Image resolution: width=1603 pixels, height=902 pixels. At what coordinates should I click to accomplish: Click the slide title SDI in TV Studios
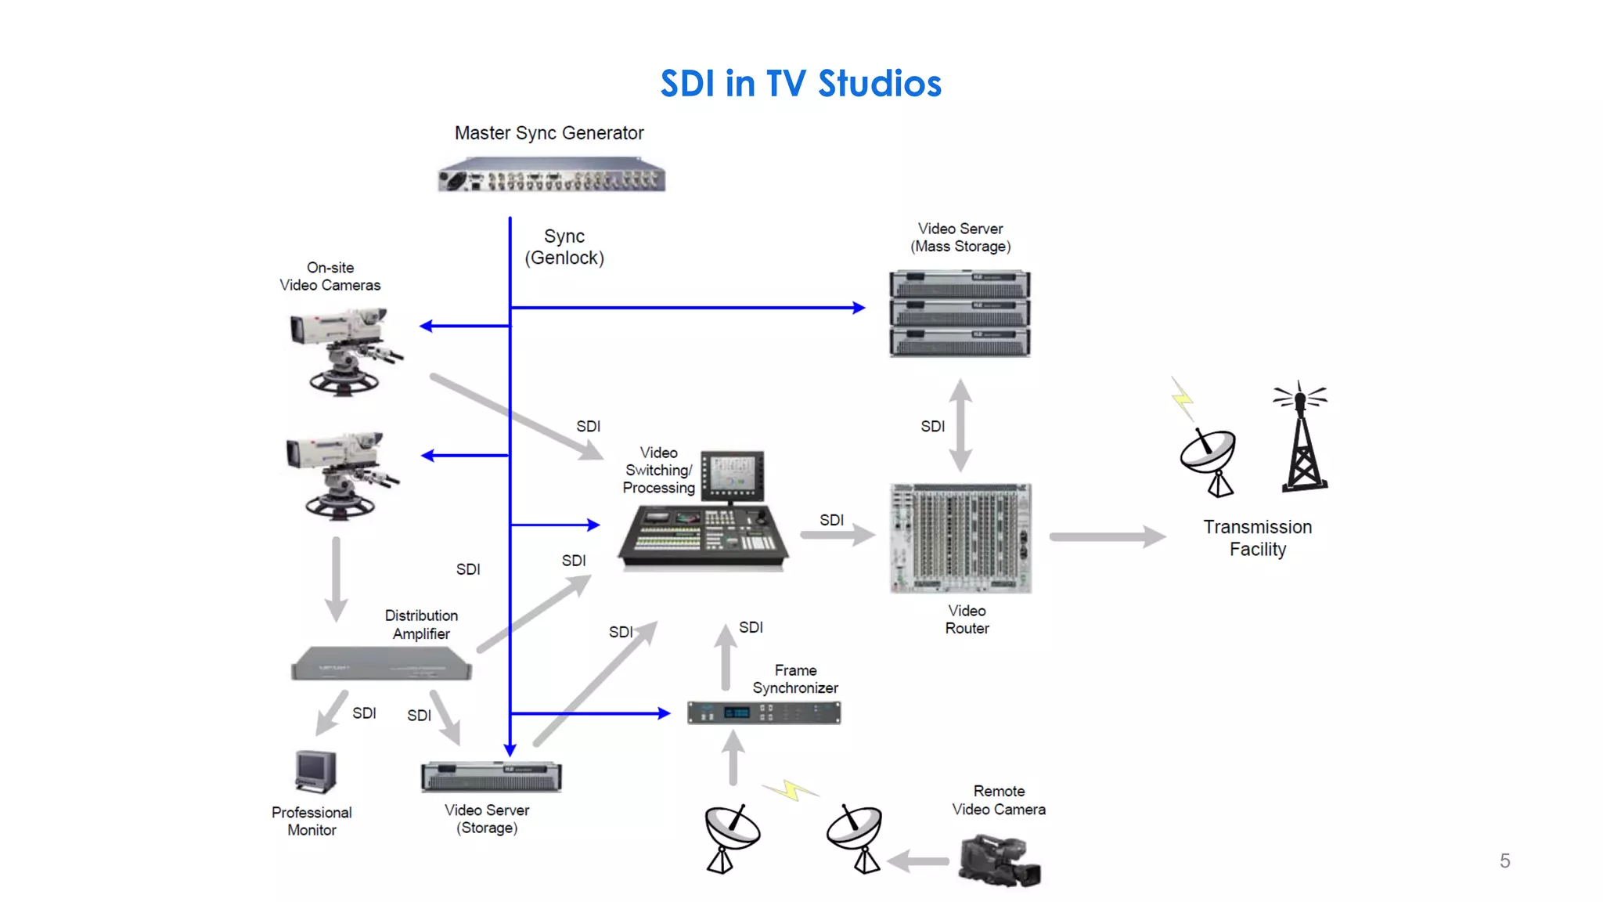coord(800,84)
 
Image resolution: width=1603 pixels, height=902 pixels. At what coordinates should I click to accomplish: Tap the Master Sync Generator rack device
coord(551,176)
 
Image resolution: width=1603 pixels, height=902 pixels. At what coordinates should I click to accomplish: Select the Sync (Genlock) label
coord(564,247)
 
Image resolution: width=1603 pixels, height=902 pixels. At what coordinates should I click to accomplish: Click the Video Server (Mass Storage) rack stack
coord(960,313)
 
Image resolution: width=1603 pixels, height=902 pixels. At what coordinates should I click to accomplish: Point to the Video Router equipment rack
coord(960,538)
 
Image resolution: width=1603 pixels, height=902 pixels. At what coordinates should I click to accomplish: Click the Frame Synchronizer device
coord(764,713)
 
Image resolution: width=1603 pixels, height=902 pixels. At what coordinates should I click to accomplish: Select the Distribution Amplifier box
coord(381,663)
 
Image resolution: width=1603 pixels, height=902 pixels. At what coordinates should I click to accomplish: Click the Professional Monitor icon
coord(315,771)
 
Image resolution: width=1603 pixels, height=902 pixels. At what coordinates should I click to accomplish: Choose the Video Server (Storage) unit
coord(491,777)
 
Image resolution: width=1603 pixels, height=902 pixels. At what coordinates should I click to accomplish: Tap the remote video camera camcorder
coord(1000,861)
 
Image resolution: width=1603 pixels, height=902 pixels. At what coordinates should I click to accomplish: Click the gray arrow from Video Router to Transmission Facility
coord(1107,536)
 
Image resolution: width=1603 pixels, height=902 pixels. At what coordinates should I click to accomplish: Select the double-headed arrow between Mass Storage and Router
coord(961,425)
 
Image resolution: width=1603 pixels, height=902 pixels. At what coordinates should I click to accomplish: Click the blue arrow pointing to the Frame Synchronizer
coord(591,713)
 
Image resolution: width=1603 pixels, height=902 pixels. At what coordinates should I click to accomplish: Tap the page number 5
coord(1504,861)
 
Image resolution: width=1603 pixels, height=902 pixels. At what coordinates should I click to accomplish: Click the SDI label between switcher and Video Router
coord(831,520)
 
